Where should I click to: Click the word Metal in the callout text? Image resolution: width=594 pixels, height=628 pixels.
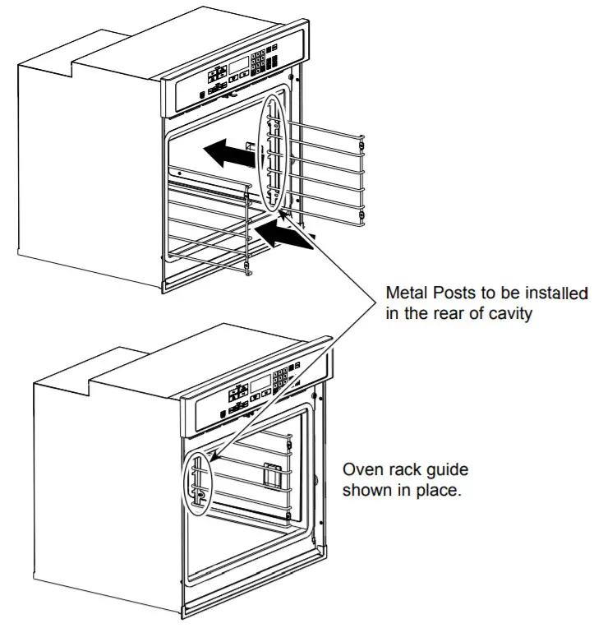(x=406, y=293)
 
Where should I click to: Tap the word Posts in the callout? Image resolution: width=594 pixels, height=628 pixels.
(x=454, y=293)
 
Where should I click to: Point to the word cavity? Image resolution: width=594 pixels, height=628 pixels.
(x=506, y=313)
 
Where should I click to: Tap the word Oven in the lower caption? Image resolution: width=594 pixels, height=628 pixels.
(x=361, y=470)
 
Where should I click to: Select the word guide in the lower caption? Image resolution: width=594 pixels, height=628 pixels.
(x=445, y=471)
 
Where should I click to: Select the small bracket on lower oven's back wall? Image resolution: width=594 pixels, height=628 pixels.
(x=273, y=474)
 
